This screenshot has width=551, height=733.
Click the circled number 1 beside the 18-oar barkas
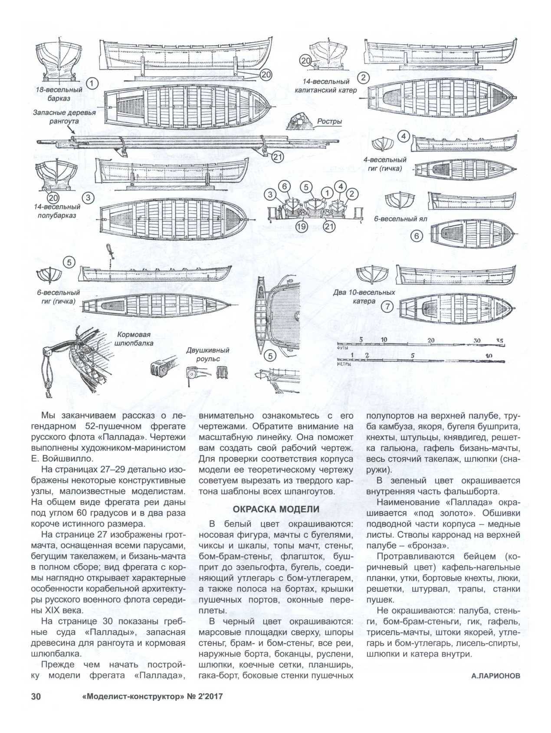point(92,84)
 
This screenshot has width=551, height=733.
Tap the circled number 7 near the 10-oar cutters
point(387,306)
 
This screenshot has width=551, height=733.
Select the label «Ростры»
point(329,121)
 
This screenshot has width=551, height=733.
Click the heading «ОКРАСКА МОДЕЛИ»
point(276,509)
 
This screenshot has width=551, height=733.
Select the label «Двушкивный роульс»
point(208,354)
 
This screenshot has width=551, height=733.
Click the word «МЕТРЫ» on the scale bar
point(344,365)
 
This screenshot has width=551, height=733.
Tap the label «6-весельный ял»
point(401,219)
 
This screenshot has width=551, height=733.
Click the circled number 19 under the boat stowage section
point(301,226)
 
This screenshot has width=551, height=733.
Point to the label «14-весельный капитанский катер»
point(326,86)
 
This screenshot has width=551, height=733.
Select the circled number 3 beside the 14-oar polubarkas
point(88,198)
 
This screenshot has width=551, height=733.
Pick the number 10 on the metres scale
point(489,356)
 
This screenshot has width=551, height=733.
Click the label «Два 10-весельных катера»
point(364,296)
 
